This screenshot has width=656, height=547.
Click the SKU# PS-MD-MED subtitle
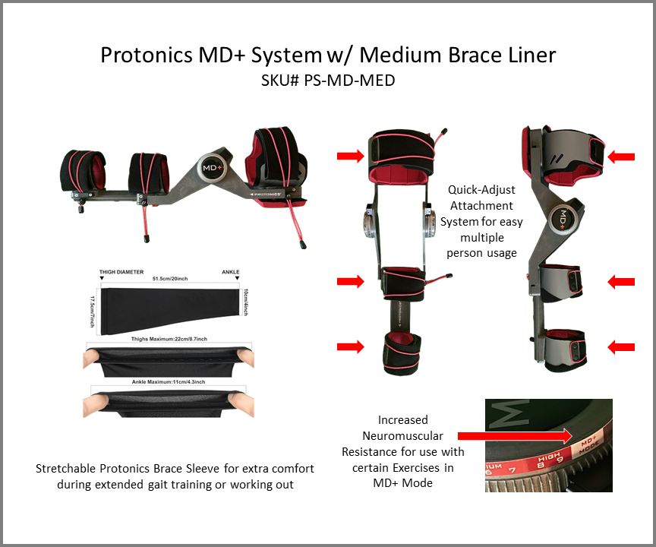coord(328,79)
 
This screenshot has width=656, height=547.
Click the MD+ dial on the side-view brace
coord(563,217)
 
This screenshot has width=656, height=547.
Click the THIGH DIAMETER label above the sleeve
coord(121,271)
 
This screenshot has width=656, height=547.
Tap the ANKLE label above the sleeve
coord(230,271)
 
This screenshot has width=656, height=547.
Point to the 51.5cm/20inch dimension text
coord(172,279)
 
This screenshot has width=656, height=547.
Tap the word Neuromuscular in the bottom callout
coord(403,435)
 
